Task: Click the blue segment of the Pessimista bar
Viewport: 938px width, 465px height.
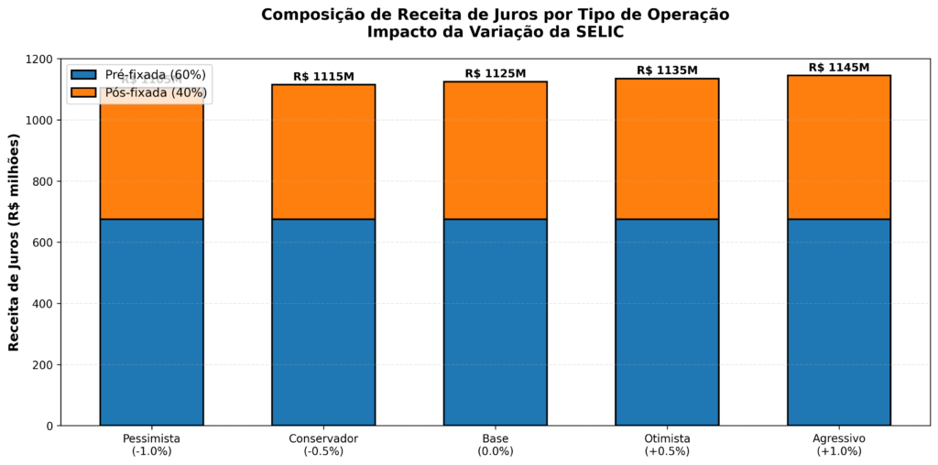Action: [151, 322]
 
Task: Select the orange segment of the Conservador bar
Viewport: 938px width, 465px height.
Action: [323, 152]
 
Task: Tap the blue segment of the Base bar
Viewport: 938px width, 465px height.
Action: [495, 322]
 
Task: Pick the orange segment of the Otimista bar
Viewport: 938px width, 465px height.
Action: [667, 149]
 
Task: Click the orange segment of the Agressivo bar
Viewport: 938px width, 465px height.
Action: [838, 147]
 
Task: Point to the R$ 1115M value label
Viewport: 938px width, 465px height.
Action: [323, 77]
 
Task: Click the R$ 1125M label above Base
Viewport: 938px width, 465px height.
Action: [495, 73]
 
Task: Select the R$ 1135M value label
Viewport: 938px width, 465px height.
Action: [667, 70]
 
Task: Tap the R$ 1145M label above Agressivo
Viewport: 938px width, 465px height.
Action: [838, 68]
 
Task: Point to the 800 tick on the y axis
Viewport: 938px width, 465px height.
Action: [44, 181]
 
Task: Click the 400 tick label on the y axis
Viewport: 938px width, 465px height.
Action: [44, 304]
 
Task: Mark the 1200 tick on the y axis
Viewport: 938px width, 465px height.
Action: [40, 59]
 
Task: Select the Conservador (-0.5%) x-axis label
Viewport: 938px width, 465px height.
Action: [323, 445]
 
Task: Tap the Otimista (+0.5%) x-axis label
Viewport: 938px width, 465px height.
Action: [667, 445]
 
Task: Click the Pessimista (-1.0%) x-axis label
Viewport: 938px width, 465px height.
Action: [151, 445]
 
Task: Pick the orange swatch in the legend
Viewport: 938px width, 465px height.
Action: [82, 92]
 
